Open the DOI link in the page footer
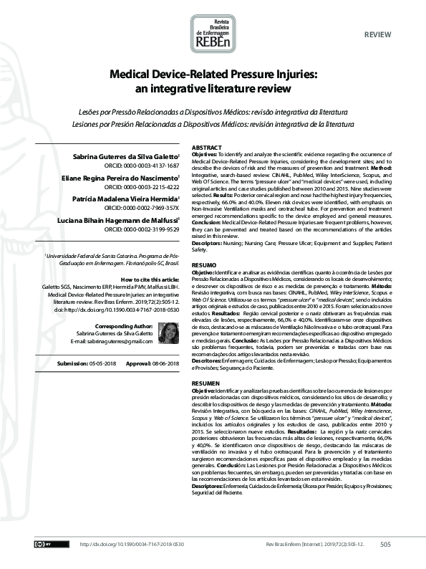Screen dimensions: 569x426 click(132, 545)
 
